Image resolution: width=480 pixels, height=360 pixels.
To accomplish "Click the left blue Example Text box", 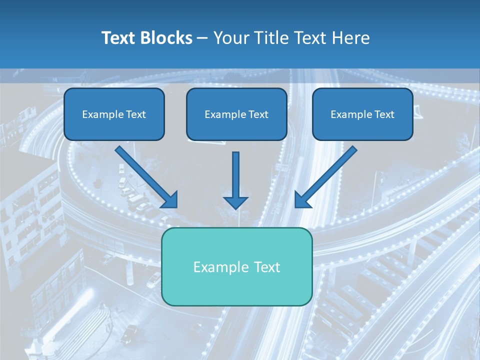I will coord(114,114).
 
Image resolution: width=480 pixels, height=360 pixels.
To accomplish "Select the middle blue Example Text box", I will coord(236,114).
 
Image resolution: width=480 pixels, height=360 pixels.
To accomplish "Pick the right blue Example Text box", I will coord(362,114).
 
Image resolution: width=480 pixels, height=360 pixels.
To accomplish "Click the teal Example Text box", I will coord(236,266).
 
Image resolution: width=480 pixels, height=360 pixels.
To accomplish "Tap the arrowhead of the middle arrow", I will coord(235,202).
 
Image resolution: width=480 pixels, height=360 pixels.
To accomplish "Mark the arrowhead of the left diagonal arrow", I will coord(170,200).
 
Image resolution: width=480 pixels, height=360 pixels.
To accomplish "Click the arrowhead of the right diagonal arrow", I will coord(301,200).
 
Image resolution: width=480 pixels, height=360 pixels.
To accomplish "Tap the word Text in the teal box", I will coord(265,267).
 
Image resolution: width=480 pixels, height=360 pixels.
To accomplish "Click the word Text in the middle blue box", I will coord(257,114).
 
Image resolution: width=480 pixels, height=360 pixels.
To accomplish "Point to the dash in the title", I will coord(202,38).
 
